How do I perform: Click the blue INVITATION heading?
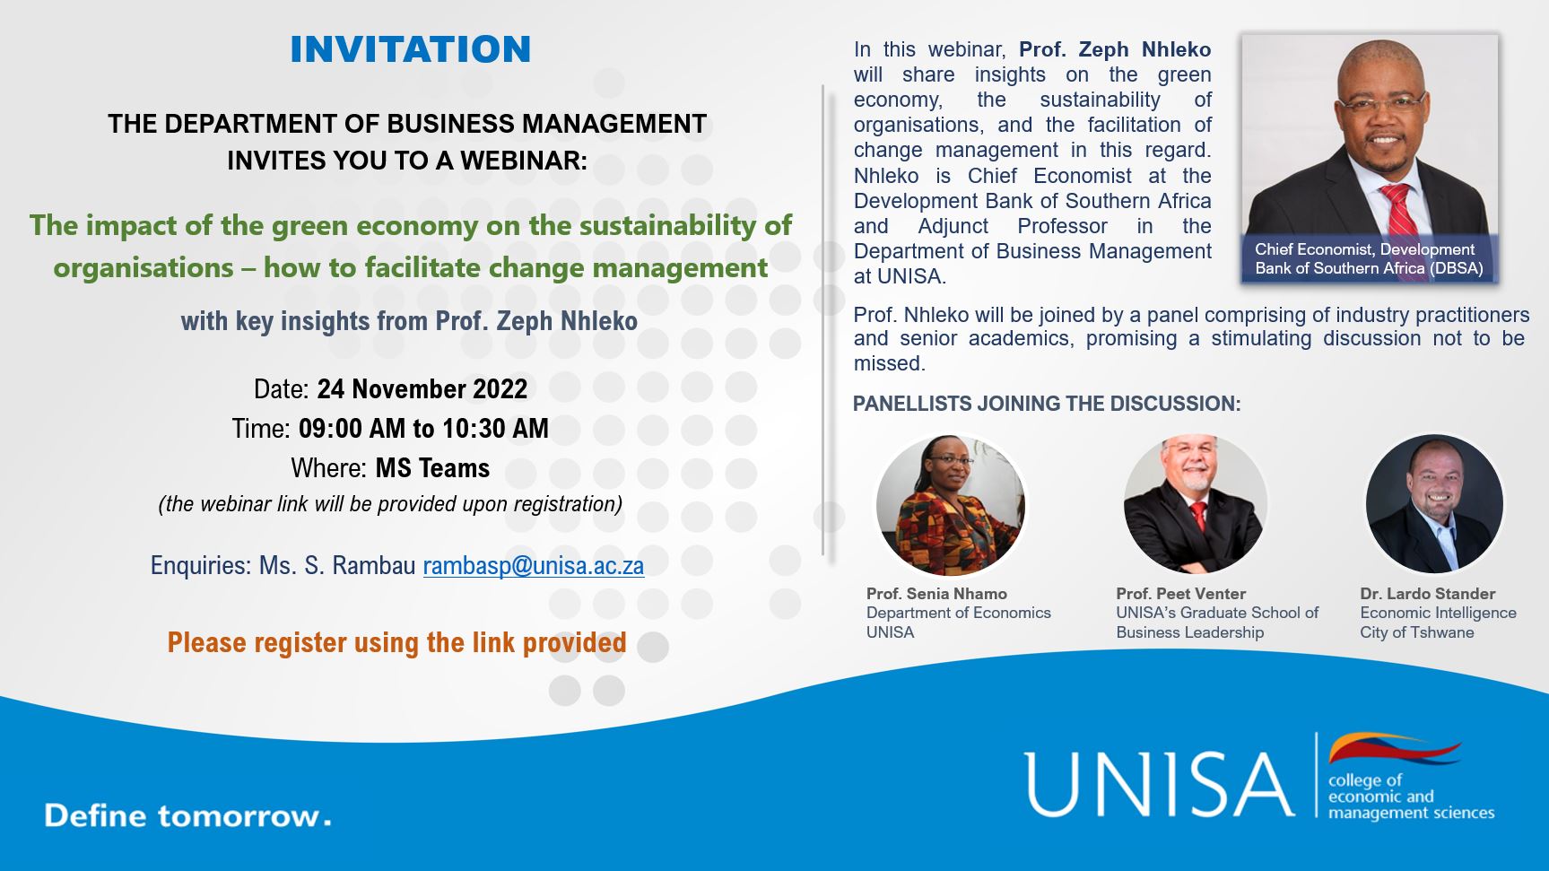(x=411, y=49)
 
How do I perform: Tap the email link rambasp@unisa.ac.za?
(x=534, y=565)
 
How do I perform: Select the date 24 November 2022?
(x=422, y=388)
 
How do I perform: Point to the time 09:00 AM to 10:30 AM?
(x=423, y=428)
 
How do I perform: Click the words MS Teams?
(x=432, y=468)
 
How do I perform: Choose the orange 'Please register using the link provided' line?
(x=396, y=642)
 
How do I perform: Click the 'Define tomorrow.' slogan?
(x=187, y=815)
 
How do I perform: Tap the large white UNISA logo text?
(x=1160, y=785)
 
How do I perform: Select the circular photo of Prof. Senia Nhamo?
(x=950, y=505)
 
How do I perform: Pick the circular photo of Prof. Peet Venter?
(x=1195, y=505)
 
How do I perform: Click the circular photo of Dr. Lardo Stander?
(x=1434, y=503)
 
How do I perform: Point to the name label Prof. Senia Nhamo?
(x=936, y=594)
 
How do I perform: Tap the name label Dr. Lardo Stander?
(x=1427, y=594)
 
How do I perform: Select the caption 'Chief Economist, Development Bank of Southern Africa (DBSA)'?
(x=1369, y=258)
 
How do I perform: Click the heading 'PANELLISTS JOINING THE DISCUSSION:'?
(x=1047, y=404)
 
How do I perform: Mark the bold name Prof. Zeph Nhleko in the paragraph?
(x=1115, y=49)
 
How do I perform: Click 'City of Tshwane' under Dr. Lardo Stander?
(x=1416, y=632)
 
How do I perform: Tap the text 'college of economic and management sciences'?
(x=1411, y=797)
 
